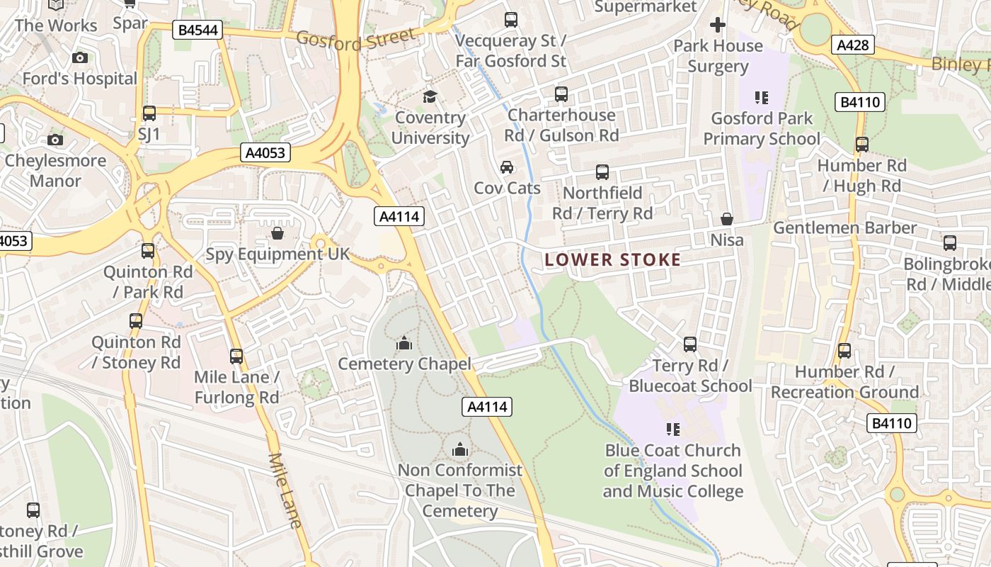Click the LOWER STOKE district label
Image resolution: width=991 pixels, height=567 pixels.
pos(613,260)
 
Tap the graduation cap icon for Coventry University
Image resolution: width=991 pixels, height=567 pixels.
pos(430,96)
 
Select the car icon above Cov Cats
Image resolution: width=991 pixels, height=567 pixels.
pos(507,167)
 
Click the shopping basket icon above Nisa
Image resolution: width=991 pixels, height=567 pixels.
pos(727,219)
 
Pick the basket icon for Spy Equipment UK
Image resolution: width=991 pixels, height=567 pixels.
pos(277,232)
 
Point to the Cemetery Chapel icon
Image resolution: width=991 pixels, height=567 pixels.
pos(404,344)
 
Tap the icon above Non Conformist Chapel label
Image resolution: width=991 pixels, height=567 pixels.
pos(460,449)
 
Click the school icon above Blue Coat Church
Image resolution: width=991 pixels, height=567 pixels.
pos(672,429)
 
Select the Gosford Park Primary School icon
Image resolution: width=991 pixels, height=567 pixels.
pos(762,97)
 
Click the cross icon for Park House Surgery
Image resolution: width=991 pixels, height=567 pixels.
pos(718,25)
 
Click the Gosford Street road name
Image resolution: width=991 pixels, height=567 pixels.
pos(356,39)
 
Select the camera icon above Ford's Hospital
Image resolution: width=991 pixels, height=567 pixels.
pos(80,57)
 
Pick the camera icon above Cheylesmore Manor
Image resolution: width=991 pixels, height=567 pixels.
pos(55,140)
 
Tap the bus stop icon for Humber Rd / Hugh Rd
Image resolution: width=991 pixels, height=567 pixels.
pos(862,145)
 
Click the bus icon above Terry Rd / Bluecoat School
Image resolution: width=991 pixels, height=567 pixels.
pos(690,344)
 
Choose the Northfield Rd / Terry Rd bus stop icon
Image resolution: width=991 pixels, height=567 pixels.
pos(602,172)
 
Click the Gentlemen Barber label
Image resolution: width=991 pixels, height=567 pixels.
pos(844,228)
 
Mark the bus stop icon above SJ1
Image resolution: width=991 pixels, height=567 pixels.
pos(149,113)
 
